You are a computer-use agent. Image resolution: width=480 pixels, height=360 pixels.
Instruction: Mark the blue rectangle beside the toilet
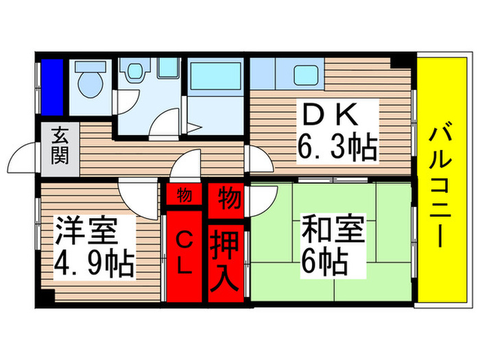[51, 87]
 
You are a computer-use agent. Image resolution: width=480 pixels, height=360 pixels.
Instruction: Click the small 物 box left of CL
[184, 195]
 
